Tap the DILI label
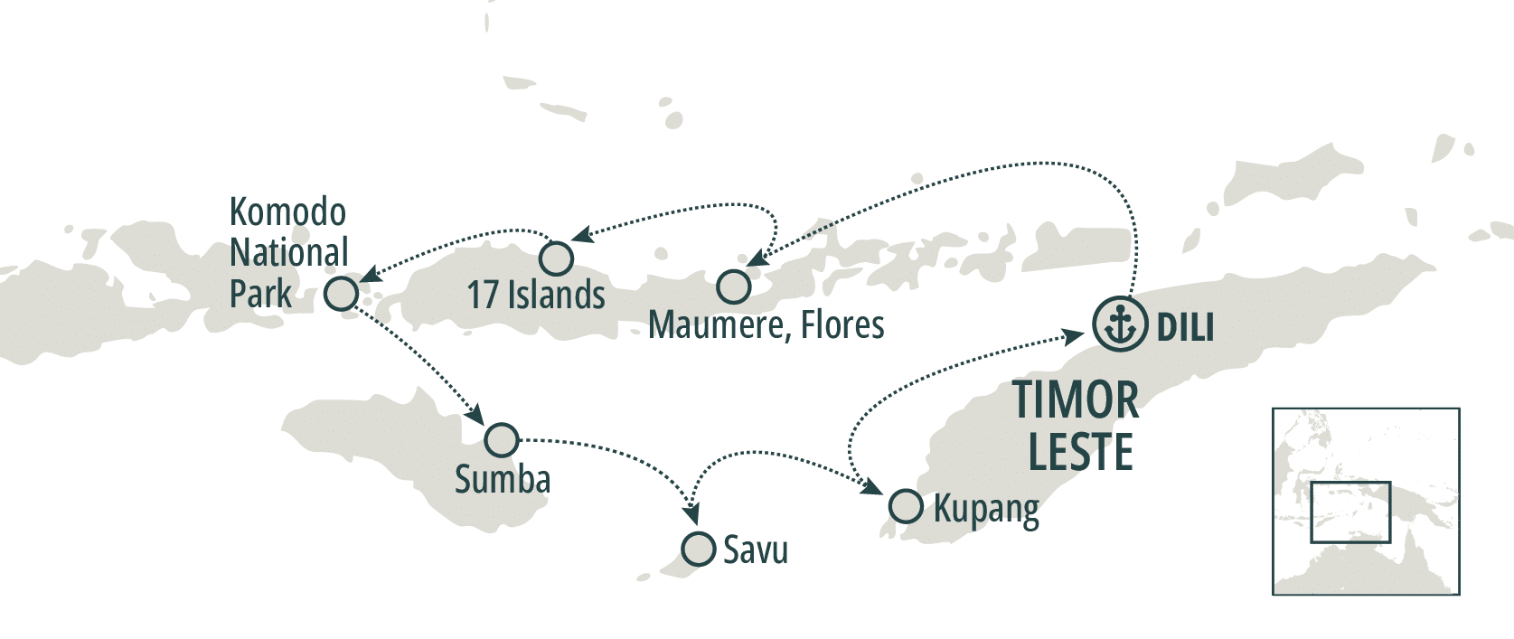1185,326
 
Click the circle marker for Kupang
906,506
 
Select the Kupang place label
986,510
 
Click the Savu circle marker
698,549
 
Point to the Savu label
756,550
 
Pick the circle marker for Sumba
502,439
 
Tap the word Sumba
503,479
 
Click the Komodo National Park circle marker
342,293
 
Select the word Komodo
287,212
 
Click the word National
288,252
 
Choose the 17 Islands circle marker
556,258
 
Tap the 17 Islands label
536,295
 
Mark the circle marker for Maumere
733,287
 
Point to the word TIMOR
1075,399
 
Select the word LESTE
1080,452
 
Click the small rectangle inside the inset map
1349,512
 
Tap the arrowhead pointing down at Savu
692,514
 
